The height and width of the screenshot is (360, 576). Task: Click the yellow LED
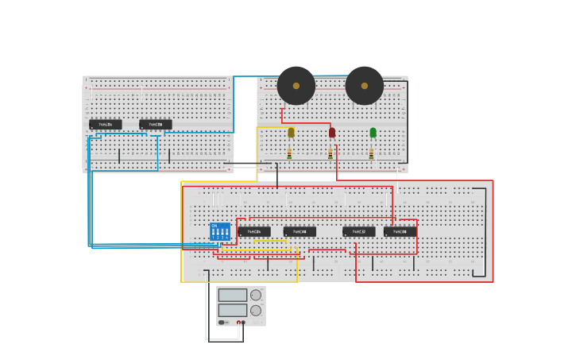point(291,132)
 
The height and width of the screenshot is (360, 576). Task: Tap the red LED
point(332,132)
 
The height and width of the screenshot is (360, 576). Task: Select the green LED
point(373,132)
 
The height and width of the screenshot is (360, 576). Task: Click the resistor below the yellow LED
point(289,153)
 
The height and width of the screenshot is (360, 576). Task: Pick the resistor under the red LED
point(331,153)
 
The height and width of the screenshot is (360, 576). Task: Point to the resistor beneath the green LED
point(371,153)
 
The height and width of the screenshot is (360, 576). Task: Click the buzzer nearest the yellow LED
point(296,86)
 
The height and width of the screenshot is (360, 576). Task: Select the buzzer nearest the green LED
point(365,86)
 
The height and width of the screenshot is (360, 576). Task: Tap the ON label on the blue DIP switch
point(215,226)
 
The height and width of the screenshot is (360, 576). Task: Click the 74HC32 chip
point(359,231)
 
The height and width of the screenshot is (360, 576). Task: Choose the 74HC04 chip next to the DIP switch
point(254,231)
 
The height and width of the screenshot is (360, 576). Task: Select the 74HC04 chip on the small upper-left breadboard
point(106,124)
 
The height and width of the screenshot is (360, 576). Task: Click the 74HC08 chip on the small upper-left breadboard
point(156,124)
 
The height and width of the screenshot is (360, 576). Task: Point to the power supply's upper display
point(233,295)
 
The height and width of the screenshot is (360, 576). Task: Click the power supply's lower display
point(233,310)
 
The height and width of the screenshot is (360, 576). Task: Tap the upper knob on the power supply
point(256,295)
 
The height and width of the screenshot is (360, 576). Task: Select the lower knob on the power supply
point(256,310)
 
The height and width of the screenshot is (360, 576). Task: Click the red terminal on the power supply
point(238,322)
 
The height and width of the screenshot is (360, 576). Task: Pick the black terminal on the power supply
point(243,322)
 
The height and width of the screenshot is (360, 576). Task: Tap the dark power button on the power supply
point(222,322)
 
